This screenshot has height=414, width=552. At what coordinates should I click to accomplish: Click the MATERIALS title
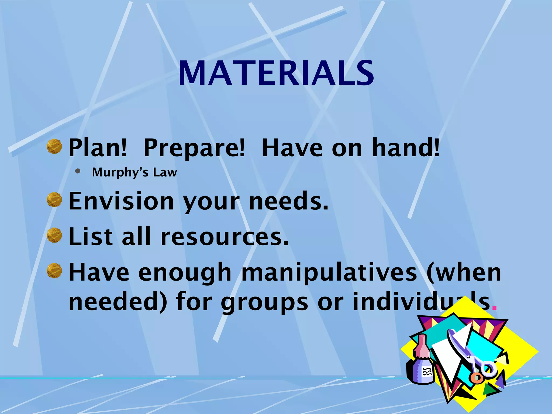coord(276,73)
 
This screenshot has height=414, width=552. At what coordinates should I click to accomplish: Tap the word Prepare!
coord(194,148)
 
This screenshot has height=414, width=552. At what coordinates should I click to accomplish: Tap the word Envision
coord(121,201)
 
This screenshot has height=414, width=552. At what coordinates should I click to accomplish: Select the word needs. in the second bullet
coord(288,201)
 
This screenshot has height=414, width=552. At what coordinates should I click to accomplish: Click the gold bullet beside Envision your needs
coord(54,200)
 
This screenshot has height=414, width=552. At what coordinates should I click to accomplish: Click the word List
coord(91,237)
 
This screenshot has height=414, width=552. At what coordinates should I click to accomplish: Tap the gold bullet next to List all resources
coord(54,235)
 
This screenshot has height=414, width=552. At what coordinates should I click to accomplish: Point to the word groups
coord(264,302)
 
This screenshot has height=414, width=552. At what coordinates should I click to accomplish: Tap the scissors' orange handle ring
coord(477,377)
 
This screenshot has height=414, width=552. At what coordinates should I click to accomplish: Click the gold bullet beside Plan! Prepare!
coord(54,146)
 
